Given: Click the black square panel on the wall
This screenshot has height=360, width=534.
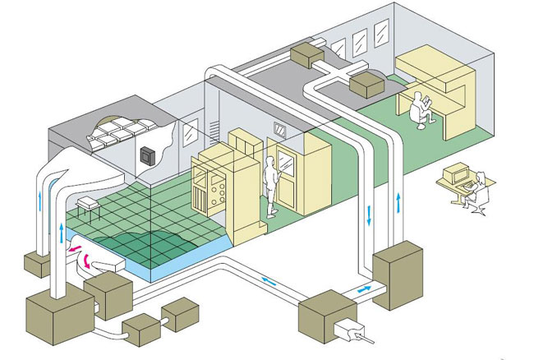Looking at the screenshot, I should [149, 155].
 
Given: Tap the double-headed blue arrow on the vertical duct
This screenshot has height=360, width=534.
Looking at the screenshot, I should [369, 215].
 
